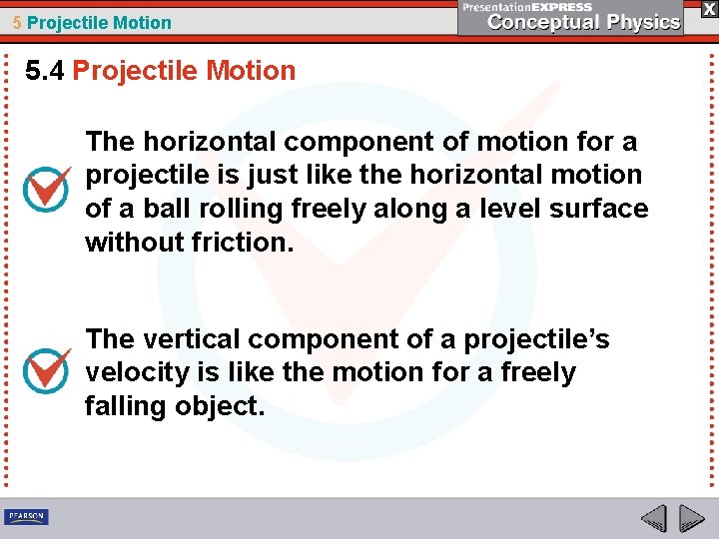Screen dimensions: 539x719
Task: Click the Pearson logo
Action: (26, 517)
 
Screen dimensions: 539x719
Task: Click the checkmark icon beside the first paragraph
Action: (47, 188)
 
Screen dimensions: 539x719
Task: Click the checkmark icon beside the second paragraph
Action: (47, 370)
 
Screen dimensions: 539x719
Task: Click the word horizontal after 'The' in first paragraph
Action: (204, 142)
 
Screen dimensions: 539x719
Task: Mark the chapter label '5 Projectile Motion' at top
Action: (92, 22)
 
